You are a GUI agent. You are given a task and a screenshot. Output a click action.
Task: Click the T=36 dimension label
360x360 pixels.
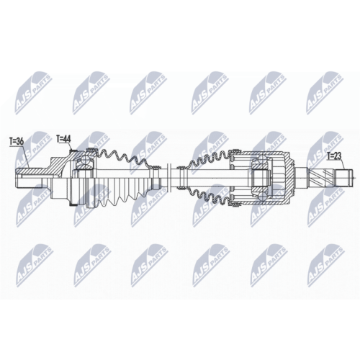[17, 142]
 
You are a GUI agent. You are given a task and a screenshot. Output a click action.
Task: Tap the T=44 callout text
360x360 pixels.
[63, 139]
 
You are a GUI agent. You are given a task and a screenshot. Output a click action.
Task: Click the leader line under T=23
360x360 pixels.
[343, 165]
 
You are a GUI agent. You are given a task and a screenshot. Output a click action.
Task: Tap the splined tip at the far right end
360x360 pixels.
[345, 178]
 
